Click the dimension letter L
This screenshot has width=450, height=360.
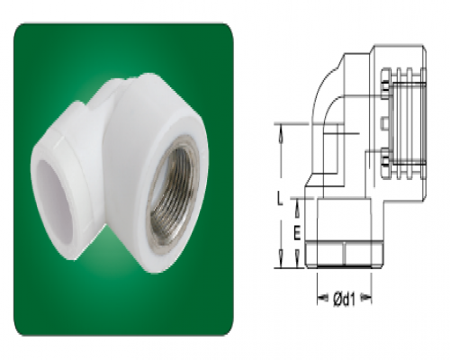click(x=280, y=199)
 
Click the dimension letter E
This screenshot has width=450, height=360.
click(x=297, y=233)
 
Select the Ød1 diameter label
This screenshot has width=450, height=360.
click(x=344, y=299)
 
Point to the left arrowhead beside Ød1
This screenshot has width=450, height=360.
click(x=322, y=298)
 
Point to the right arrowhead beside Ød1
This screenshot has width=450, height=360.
click(x=365, y=298)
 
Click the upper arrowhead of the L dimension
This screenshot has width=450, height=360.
click(x=281, y=134)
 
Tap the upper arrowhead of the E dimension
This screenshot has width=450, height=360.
click(x=297, y=209)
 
